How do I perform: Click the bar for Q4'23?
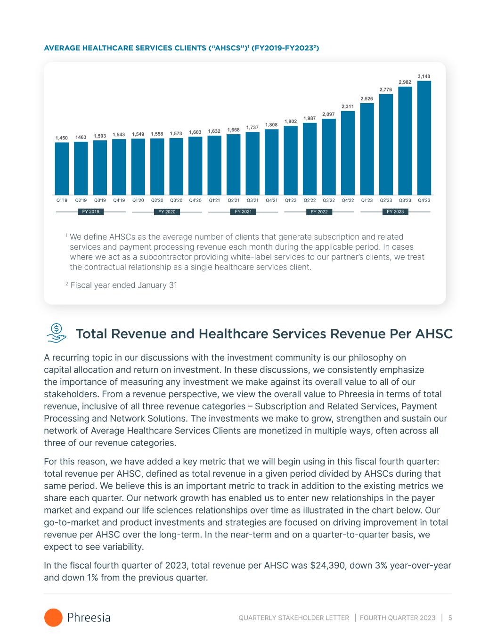click(x=424, y=138)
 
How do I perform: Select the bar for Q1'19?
click(x=62, y=168)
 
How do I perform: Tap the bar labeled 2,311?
click(x=348, y=153)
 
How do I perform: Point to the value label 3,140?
click(x=424, y=76)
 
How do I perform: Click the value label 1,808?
click(x=271, y=125)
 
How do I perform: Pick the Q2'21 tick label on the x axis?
click(x=234, y=200)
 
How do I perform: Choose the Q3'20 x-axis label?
click(x=176, y=200)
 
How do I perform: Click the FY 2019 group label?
click(x=90, y=212)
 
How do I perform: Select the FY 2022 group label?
click(x=319, y=212)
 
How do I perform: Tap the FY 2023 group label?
click(x=395, y=212)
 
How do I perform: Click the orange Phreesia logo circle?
click(x=53, y=618)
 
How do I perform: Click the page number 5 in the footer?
click(x=450, y=618)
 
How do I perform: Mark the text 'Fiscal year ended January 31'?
click(x=123, y=285)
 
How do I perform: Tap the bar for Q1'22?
click(x=291, y=160)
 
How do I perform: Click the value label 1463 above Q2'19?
click(x=81, y=138)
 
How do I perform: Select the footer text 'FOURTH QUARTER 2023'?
click(x=398, y=618)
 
